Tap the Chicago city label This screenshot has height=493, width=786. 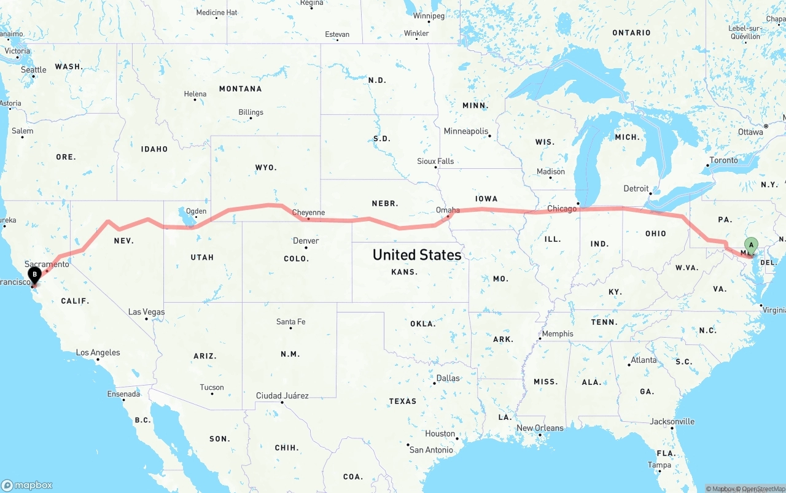point(561,209)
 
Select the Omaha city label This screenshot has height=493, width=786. point(448,210)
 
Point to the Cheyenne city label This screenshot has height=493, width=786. point(308,213)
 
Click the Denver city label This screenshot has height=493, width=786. point(306,241)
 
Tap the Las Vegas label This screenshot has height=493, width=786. point(146,312)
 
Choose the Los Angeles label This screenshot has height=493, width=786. point(98,352)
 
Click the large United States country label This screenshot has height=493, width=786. point(417,255)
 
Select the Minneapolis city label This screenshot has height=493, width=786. point(466,131)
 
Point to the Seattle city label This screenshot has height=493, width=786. point(34,69)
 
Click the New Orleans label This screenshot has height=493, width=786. point(540,428)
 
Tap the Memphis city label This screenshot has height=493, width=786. point(558,334)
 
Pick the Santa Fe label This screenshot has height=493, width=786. point(290,322)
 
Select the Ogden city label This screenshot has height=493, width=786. point(196,211)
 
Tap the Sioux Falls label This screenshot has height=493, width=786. point(435,161)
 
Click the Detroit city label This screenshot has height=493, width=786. point(636,188)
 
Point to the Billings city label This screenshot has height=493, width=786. point(251,112)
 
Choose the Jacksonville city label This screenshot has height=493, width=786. point(672,421)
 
